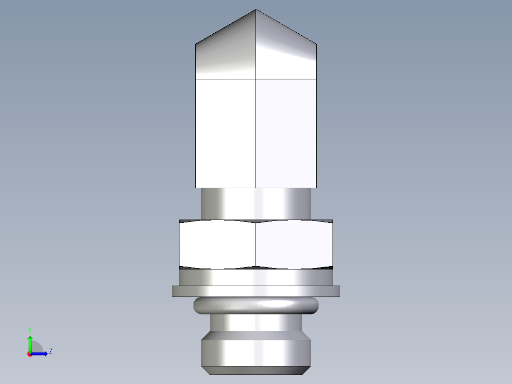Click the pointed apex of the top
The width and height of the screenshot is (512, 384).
[x=256, y=10]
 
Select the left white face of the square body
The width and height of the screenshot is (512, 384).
[x=226, y=133]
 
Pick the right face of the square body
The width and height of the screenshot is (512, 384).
[x=286, y=133]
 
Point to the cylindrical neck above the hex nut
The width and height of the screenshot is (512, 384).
[x=256, y=203]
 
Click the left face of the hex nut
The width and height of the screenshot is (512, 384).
[x=218, y=244]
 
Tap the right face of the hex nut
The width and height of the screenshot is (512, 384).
[x=294, y=244]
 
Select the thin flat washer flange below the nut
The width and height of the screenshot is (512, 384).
[x=256, y=291]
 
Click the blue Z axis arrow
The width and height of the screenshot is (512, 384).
[x=40, y=353]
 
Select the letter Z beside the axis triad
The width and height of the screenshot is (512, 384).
[x=50, y=351]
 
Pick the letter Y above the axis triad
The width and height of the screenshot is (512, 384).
[x=29, y=330]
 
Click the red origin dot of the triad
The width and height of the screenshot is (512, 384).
[x=29, y=354]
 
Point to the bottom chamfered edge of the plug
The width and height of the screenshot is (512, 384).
[x=256, y=370]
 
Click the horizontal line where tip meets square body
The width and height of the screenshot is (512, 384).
[x=256, y=78]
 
